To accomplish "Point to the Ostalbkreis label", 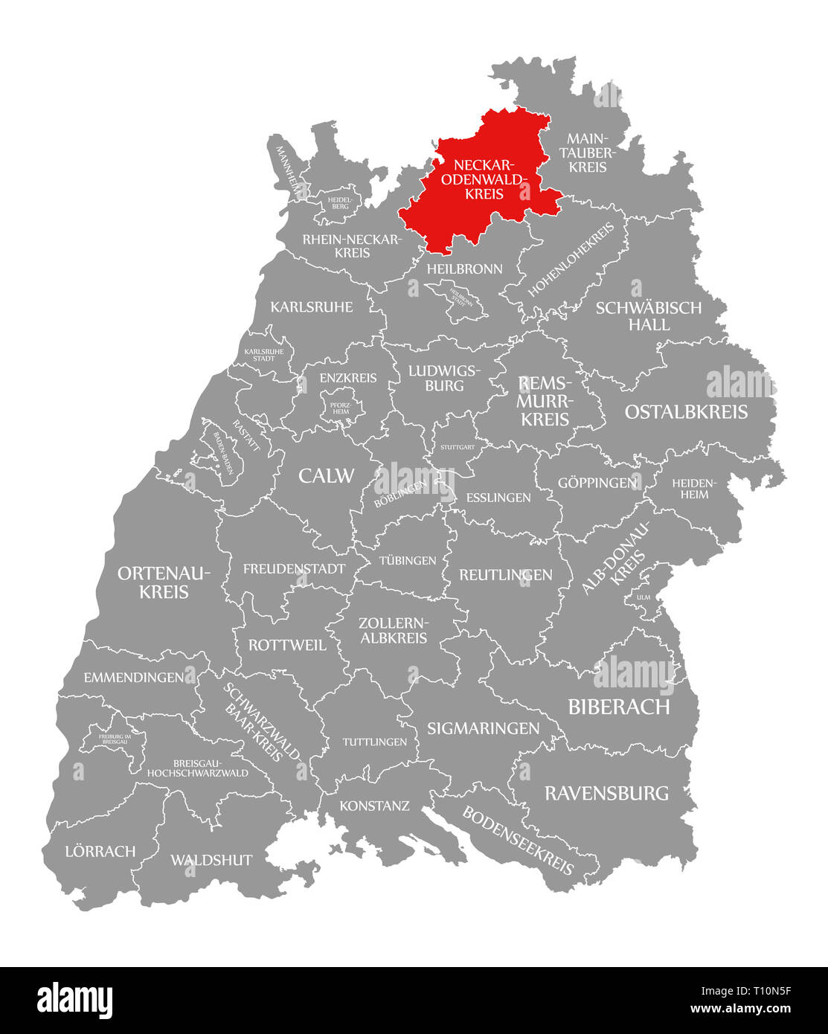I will [x=686, y=412].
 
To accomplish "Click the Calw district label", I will [x=327, y=476].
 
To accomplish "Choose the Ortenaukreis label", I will [x=164, y=582].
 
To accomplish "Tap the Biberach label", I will [x=619, y=707].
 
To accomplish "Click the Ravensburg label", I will [x=606, y=793].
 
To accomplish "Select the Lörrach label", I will [x=100, y=851].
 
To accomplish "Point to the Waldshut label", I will [x=211, y=860].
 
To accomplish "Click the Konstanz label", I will [x=374, y=806].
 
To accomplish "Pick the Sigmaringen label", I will [x=483, y=728].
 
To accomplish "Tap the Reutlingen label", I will [x=506, y=574].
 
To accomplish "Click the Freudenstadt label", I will [x=294, y=569].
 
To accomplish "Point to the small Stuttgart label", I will [x=458, y=447].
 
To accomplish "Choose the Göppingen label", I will [x=597, y=483].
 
